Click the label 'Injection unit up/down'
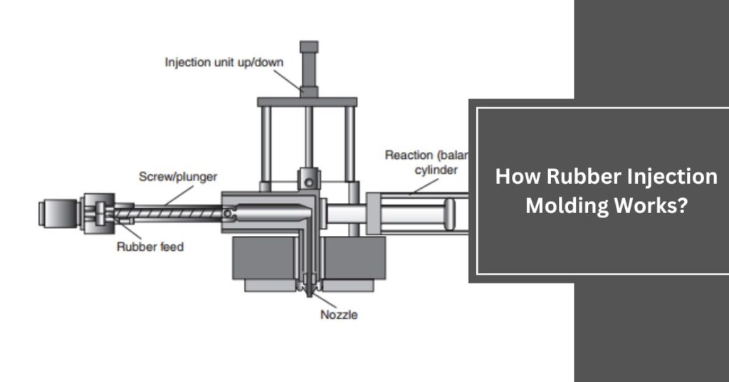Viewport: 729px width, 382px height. [224, 61]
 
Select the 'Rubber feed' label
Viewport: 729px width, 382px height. [150, 247]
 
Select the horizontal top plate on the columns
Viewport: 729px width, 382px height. [306, 100]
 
